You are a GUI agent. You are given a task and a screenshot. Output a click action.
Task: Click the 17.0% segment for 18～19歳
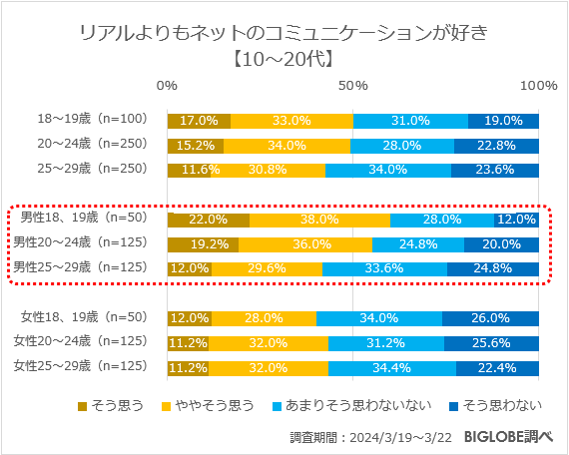coord(199,121)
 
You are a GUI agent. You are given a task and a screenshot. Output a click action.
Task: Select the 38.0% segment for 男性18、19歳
coord(319,220)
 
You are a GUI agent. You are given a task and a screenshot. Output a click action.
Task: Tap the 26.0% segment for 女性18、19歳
coord(490,318)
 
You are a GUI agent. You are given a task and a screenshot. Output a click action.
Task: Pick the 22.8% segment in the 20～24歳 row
coord(496,145)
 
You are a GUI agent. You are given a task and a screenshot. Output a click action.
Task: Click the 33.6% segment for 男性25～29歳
coord(384,267)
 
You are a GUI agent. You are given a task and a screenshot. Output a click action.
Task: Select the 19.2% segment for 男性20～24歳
coord(203,243)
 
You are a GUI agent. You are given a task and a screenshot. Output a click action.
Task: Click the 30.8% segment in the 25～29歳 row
coord(268,169)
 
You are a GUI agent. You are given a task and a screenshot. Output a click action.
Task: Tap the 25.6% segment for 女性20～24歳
coord(491,342)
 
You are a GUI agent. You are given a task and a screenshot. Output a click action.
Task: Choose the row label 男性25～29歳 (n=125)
coord(79,267)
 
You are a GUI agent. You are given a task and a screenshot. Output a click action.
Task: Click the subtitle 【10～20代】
coord(284,58)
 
